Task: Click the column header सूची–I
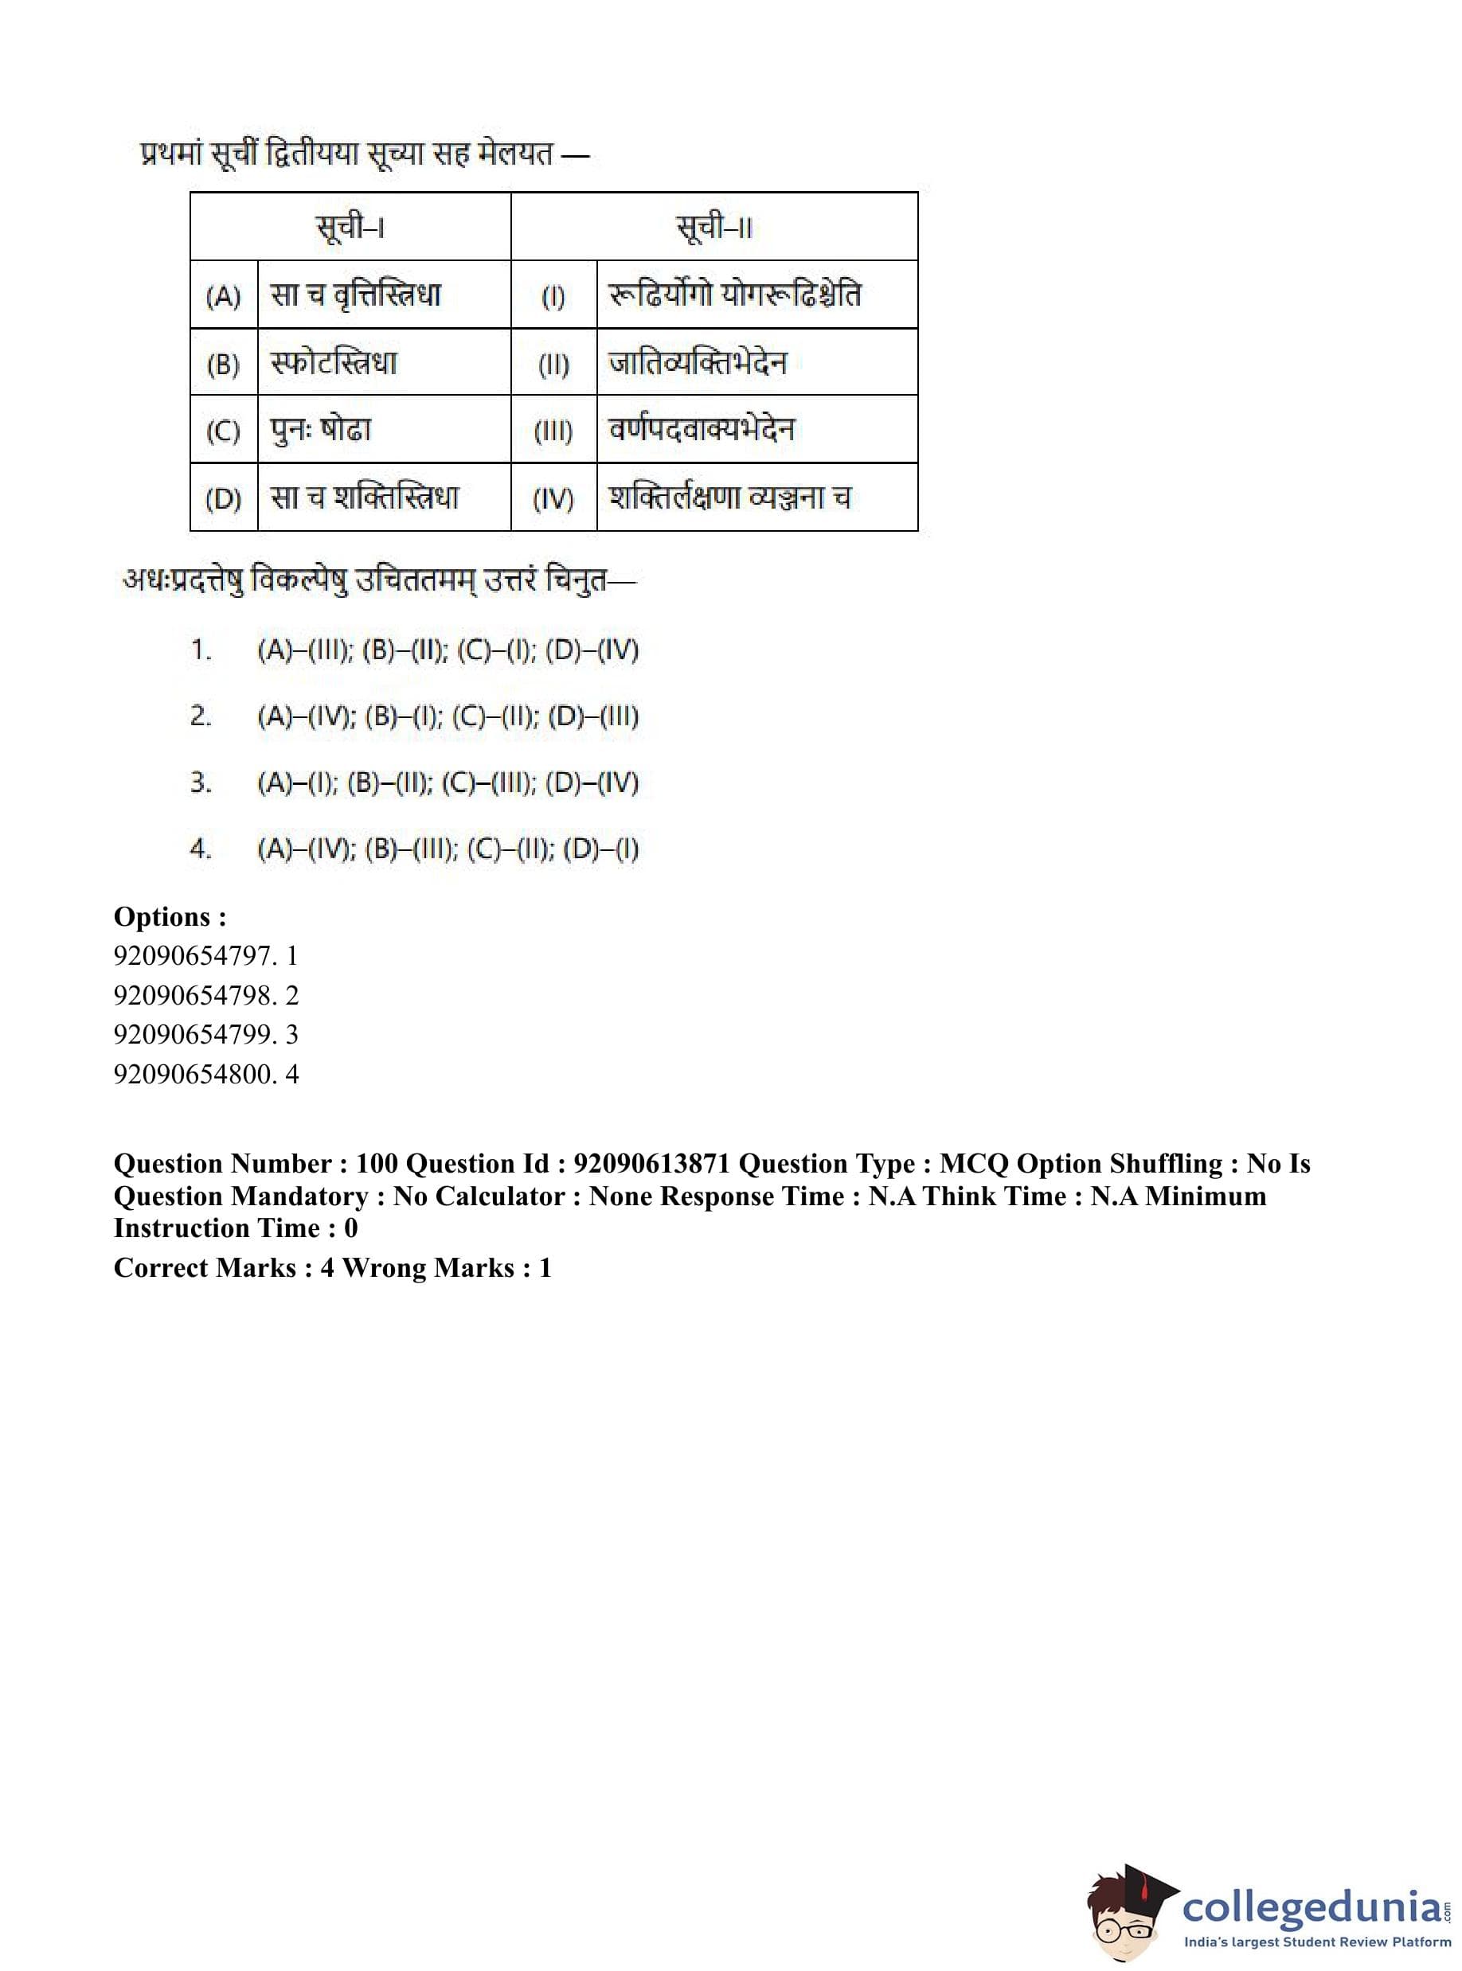point(350,228)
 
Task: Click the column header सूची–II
point(713,228)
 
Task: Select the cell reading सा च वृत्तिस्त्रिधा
point(356,295)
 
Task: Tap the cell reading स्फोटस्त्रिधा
point(334,363)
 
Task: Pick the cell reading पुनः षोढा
point(320,430)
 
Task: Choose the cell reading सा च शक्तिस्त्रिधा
point(365,498)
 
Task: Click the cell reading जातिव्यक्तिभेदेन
point(698,363)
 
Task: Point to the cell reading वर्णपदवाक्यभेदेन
point(701,430)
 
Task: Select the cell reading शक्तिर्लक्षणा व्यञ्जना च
point(729,498)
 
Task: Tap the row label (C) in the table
point(223,431)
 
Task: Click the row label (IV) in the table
point(553,499)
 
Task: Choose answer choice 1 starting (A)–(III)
point(448,651)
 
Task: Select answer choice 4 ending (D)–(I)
point(448,849)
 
